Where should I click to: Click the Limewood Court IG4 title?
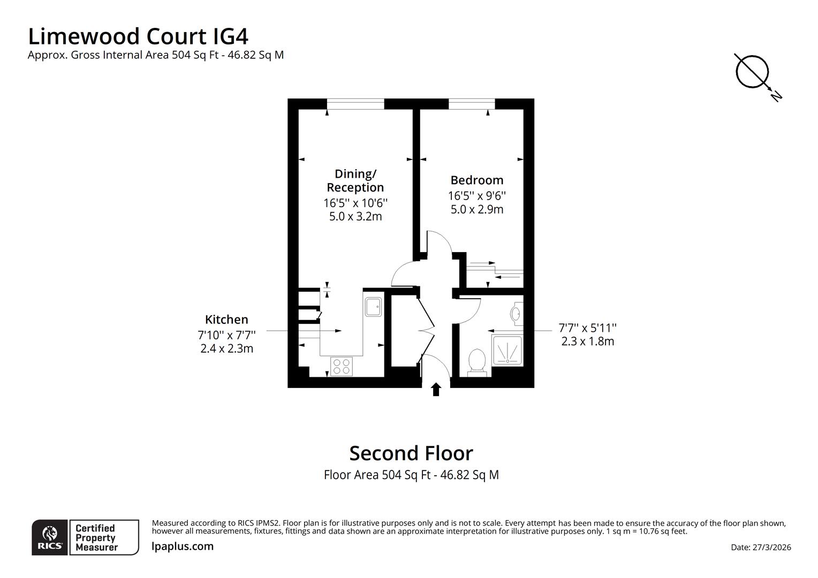coord(138,37)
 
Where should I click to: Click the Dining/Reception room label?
coord(355,180)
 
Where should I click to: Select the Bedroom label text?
coord(476,180)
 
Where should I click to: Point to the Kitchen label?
coord(226,320)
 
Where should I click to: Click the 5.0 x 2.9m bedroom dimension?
coord(476,209)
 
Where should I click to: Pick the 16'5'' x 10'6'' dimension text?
coord(355,203)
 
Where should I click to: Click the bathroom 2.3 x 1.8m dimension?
coord(587,341)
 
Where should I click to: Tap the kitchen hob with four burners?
coord(341,366)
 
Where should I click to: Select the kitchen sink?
coord(373,306)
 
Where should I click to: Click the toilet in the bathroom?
coord(476,361)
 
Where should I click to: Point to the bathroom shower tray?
coord(506,351)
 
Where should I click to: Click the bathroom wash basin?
coord(516,313)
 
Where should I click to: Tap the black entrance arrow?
coord(436,389)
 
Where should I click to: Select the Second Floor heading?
coord(411,453)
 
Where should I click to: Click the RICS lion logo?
coord(50,537)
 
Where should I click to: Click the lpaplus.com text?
coord(183,546)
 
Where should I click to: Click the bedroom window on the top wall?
coord(471,104)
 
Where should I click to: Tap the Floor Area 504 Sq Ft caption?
coord(411,475)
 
